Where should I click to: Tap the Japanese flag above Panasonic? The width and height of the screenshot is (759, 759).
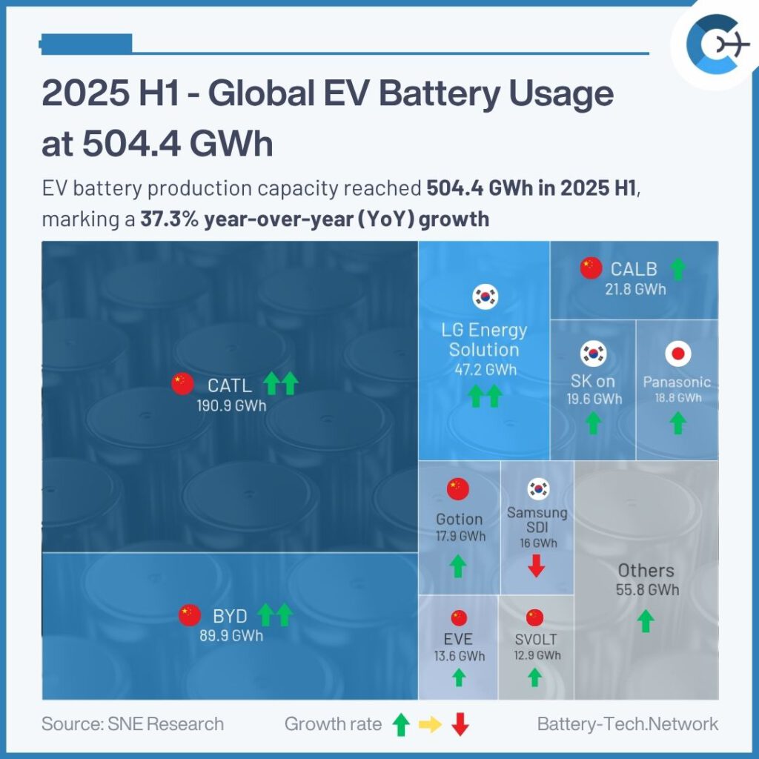click(x=677, y=354)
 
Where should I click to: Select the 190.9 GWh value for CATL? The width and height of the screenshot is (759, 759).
click(x=231, y=406)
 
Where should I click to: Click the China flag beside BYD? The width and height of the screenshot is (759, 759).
click(x=190, y=614)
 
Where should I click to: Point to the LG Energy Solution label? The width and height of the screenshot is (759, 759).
click(x=483, y=339)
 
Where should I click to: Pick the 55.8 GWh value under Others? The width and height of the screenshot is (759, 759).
click(x=647, y=590)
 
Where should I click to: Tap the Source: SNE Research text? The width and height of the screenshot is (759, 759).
click(x=133, y=724)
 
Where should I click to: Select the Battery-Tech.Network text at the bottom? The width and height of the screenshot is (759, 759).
click(x=628, y=724)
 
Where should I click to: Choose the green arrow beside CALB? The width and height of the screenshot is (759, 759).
click(x=677, y=268)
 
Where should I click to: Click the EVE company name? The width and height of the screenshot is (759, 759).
click(x=459, y=639)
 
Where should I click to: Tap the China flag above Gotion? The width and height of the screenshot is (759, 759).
click(x=458, y=488)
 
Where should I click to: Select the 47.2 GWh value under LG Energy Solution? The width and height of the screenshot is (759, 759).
click(x=483, y=369)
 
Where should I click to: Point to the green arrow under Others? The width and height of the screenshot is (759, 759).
click(x=646, y=620)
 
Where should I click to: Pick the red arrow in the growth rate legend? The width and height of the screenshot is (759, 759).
click(x=460, y=724)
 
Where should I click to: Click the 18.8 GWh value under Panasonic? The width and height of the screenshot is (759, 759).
click(x=677, y=397)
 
